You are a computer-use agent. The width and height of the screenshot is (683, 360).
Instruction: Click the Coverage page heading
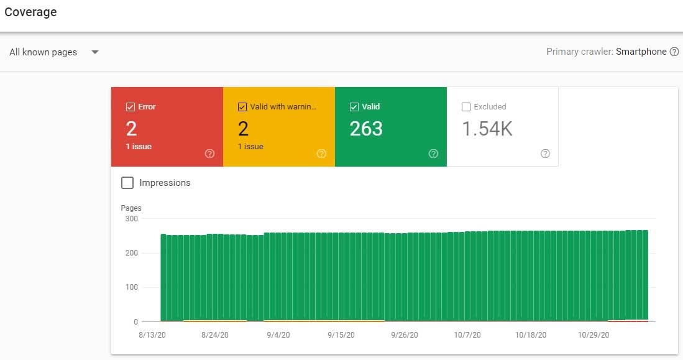[x=30, y=12]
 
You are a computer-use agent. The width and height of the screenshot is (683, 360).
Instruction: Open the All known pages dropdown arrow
[x=95, y=52]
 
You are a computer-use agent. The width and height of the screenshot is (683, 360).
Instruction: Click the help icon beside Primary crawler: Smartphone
[x=674, y=52]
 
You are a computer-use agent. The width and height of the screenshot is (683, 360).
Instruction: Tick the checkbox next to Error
[x=131, y=107]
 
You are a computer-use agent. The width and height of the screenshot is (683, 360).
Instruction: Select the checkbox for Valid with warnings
[x=242, y=107]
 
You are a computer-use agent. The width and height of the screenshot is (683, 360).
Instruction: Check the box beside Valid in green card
[x=354, y=107]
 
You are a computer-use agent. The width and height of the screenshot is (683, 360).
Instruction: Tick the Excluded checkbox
[x=466, y=107]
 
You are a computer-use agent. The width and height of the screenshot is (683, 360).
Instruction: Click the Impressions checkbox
[x=127, y=183]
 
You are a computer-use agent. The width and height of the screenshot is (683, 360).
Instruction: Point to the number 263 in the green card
[x=366, y=129]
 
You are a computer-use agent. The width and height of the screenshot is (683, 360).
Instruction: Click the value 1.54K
[x=487, y=129]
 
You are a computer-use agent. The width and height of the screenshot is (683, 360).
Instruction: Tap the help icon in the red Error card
[x=209, y=154]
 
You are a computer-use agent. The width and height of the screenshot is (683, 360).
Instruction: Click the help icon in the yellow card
[x=321, y=154]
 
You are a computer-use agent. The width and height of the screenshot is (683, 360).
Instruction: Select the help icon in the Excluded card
[x=546, y=154]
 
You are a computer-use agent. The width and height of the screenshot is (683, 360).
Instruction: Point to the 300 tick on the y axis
[x=132, y=219]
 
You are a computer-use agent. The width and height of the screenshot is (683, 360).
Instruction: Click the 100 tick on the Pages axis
[x=132, y=287]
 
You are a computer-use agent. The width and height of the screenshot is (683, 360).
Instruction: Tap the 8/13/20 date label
[x=152, y=335]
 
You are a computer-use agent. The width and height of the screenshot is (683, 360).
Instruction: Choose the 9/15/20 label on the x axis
[x=341, y=335]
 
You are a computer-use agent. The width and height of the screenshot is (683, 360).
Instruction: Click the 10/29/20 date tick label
[x=594, y=335]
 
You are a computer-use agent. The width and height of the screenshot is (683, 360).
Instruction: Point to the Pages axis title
[x=131, y=208]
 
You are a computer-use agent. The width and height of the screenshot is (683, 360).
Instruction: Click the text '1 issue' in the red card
[x=139, y=147]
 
